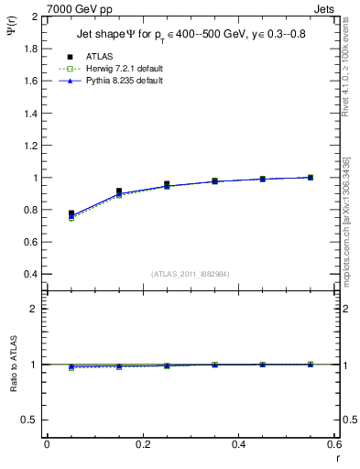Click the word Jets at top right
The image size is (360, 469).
tap(327, 8)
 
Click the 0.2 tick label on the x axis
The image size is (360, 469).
tap(142, 443)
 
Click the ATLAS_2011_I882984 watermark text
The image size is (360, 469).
tap(191, 274)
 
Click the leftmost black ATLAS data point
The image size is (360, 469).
tap(71, 213)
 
